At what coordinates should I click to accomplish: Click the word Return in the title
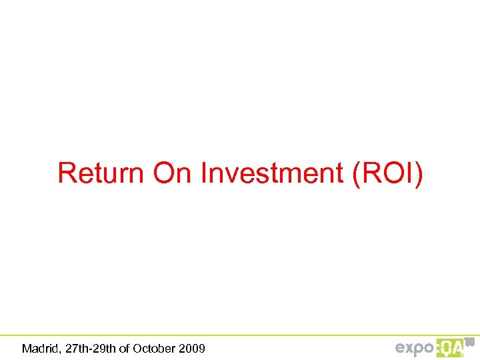tap(101, 173)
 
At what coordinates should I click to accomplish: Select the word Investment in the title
tap(272, 173)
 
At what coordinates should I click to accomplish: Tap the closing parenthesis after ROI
tap(418, 174)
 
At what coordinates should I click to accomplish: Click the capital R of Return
tap(66, 173)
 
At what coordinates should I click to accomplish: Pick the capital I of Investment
tap(204, 173)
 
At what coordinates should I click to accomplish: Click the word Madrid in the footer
tap(38, 348)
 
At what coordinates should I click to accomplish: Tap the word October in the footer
tap(155, 348)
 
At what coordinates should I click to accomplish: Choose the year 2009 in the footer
tap(191, 348)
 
